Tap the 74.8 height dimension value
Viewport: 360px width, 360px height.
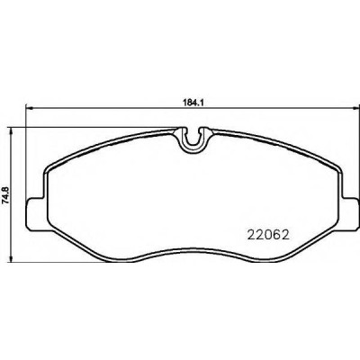[x=7, y=194]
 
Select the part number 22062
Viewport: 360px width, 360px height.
[x=268, y=235]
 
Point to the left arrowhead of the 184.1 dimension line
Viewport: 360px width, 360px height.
[x=29, y=108]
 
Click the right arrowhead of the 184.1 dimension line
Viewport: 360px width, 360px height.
[x=355, y=108]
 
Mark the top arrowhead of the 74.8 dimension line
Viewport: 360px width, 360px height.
[x=12, y=130]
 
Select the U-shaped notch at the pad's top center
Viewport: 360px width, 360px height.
[x=193, y=140]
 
